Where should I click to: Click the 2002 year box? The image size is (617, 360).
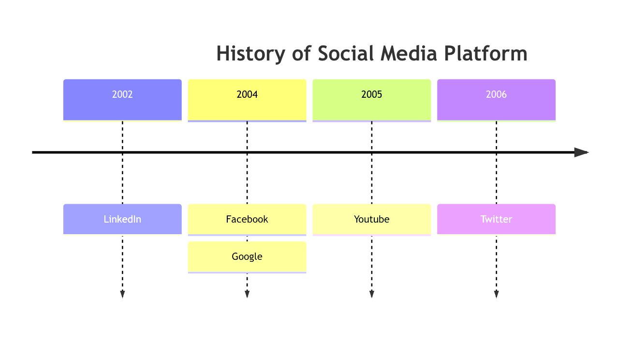122,100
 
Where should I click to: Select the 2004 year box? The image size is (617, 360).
247,100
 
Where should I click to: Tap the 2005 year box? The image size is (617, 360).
371,100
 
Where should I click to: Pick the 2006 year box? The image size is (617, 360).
496,100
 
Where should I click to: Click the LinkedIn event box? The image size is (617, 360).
122,220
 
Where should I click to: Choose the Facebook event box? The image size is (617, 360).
247,220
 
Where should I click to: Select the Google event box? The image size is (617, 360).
247,257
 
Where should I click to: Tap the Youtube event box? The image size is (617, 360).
371,220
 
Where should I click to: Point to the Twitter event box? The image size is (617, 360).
496,220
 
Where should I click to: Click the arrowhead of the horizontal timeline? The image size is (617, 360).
581,152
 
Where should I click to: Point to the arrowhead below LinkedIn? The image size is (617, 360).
122,294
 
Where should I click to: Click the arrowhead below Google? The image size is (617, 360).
247,294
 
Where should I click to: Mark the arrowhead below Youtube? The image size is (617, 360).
371,294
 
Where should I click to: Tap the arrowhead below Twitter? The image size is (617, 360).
496,294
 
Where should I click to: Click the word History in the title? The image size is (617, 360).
251,54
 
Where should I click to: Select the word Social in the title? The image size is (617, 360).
346,53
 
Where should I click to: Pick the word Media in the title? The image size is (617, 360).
409,53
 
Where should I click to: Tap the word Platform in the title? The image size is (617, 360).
485,53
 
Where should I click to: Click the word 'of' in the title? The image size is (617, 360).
302,53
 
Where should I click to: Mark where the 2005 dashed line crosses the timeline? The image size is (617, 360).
371,152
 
